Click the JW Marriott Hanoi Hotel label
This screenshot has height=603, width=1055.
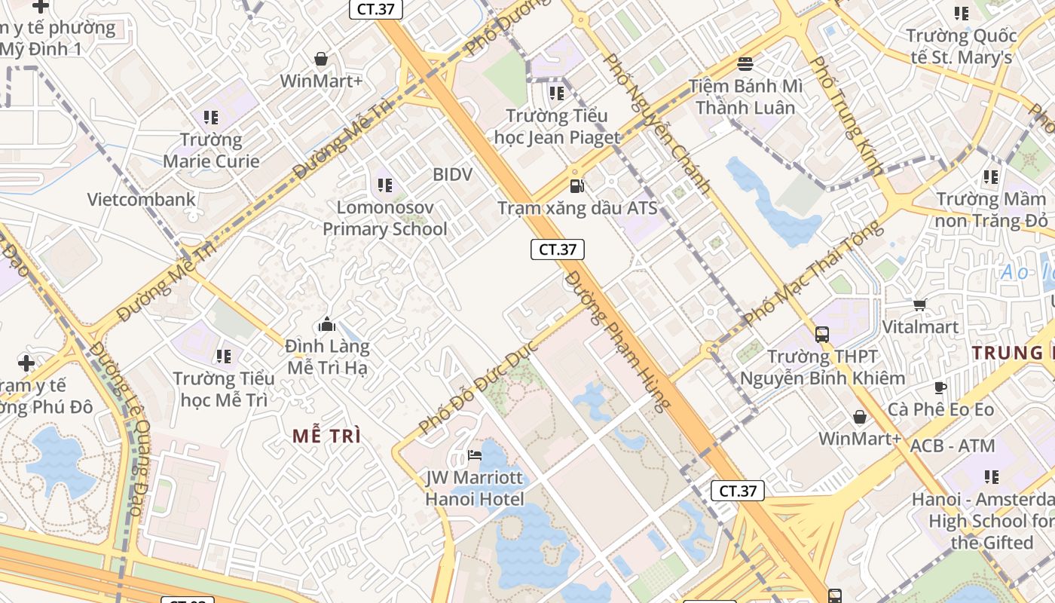474,488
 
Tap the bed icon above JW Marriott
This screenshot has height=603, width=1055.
475,455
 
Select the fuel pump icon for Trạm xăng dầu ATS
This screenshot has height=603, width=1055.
576,185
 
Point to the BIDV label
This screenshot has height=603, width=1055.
452,175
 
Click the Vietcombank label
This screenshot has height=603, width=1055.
141,200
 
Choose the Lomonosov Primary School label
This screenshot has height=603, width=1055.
385,218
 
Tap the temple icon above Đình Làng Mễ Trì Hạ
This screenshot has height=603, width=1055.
327,324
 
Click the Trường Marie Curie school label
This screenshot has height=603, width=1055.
211,150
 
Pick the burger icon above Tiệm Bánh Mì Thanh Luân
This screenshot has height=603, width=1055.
745,63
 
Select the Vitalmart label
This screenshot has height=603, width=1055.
920,327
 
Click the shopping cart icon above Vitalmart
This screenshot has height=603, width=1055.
919,305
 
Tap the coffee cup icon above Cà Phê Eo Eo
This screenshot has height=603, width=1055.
940,387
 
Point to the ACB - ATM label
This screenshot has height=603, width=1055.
953,446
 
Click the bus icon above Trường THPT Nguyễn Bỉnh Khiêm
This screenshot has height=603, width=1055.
821,334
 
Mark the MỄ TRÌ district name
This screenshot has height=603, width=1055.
326,436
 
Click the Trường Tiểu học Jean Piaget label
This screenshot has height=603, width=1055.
556,126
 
